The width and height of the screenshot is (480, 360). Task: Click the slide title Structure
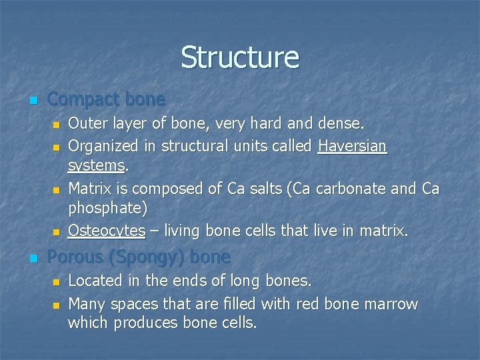pyautogui.click(x=240, y=57)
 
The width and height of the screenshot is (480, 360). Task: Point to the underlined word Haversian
pyautogui.click(x=352, y=145)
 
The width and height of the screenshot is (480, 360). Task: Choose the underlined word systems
pyautogui.click(x=97, y=164)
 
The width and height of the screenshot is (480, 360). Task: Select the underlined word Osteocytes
pyautogui.click(x=107, y=231)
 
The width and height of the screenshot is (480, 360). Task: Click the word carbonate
pyautogui.click(x=354, y=189)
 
